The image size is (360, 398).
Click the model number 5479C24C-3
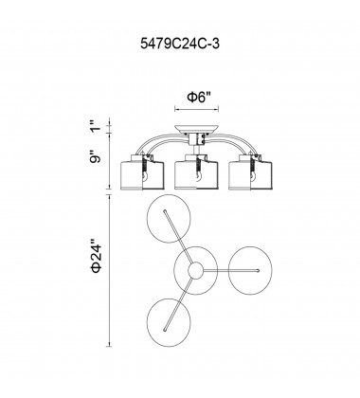coord(180,44)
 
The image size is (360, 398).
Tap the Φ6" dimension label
coord(199,97)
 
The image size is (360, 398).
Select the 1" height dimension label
coord(96,126)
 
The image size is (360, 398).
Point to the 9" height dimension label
coord(95,157)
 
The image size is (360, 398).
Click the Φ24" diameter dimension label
coord(96,258)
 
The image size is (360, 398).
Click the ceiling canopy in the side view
coord(196,129)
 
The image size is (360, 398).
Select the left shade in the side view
coord(143,173)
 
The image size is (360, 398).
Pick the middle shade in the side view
coord(196,173)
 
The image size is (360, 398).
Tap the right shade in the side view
coord(250,173)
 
